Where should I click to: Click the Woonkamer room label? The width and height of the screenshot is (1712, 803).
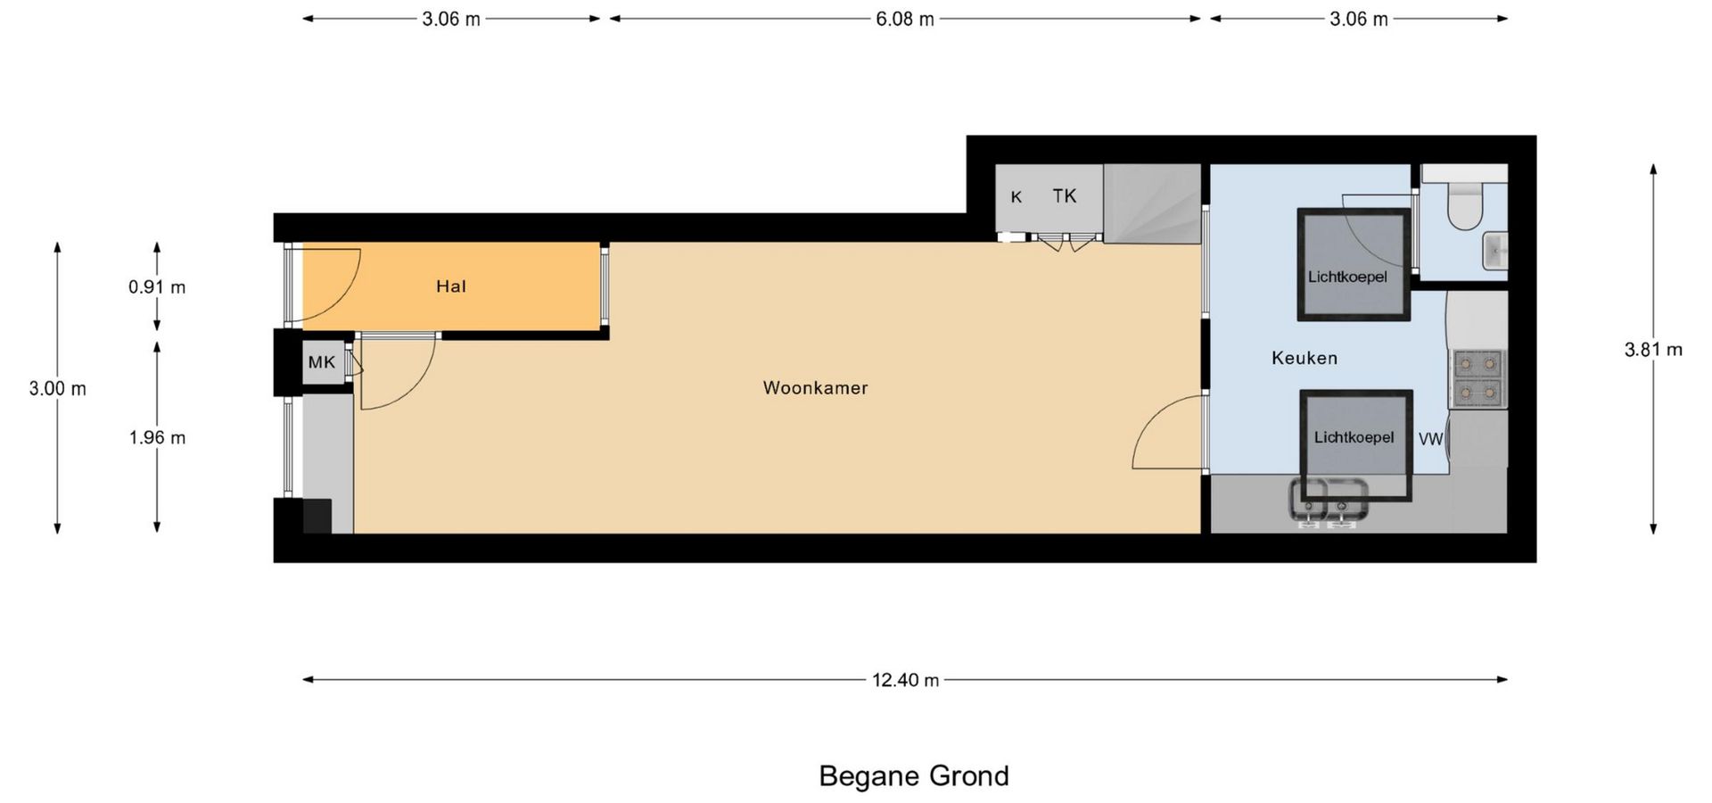coord(815,388)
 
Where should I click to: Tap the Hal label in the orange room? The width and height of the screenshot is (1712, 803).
coord(451,286)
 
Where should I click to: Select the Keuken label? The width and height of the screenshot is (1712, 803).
coord(1305,358)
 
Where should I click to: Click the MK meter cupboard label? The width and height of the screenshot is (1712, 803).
coord(322,362)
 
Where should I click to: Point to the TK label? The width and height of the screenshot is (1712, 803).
coord(1065,196)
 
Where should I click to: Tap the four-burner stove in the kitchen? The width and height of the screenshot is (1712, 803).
coord(1478,378)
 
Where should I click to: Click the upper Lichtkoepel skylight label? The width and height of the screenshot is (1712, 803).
coord(1347,277)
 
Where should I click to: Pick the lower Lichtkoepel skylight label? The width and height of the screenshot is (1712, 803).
coord(1354,437)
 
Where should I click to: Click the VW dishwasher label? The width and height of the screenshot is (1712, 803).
coord(1431,439)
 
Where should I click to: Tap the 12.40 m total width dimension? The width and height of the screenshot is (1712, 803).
coord(905,680)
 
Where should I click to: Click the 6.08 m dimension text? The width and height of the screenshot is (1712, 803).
coord(905,19)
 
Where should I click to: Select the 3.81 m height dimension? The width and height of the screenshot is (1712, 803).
coord(1653,350)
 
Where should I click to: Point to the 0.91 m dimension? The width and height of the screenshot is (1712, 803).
coord(157,287)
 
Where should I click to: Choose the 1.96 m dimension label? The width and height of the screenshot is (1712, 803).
coord(157,437)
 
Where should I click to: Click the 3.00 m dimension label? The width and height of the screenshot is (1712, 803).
coord(58,388)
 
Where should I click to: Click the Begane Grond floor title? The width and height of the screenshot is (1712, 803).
coord(914,776)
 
